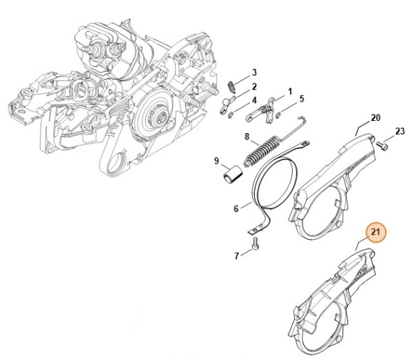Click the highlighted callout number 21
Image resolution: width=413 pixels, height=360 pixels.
(375, 233)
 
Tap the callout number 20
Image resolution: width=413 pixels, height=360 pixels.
(375, 117)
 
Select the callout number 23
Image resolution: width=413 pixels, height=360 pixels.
(400, 131)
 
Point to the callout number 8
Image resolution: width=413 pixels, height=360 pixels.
(247, 137)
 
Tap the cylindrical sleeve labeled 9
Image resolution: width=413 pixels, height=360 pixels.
(233, 174)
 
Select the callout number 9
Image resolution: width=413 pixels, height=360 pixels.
(216, 161)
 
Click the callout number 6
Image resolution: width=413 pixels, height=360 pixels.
(236, 209)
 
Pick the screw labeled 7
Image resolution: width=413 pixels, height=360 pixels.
(255, 243)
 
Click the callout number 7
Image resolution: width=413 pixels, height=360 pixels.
(236, 256)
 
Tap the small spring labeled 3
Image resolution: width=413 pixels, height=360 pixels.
(231, 87)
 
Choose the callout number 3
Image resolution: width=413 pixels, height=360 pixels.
(254, 73)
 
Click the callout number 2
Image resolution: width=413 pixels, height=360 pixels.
(254, 87)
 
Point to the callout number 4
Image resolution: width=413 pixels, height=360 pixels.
(254, 100)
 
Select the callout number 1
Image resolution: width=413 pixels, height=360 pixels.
(290, 92)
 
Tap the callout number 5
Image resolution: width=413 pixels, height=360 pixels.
(302, 99)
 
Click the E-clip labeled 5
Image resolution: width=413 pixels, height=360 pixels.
(278, 115)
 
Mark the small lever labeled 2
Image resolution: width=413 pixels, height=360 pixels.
(226, 105)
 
